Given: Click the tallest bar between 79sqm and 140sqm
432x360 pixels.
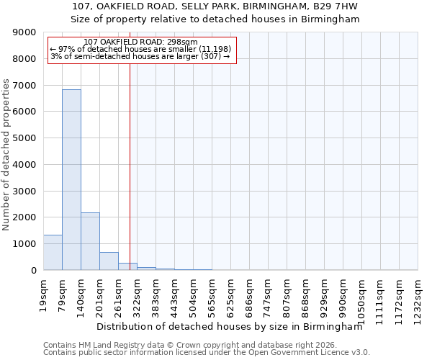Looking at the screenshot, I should (71, 180).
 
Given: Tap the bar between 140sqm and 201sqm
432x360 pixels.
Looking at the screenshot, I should (90, 241).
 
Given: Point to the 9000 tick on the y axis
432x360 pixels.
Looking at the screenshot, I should (25, 33).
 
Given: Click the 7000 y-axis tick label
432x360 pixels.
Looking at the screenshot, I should (25, 86).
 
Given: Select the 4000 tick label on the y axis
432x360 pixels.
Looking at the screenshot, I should (25, 165).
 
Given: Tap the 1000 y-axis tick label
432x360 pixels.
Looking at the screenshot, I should (25, 244).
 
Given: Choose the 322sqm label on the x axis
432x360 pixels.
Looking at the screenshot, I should (137, 292).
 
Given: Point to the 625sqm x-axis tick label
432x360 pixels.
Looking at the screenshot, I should (230, 292).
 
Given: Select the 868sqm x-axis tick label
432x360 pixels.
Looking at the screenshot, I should (305, 292).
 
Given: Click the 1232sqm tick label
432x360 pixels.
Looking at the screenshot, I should (418, 294).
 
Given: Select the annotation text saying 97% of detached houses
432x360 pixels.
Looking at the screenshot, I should (139, 49).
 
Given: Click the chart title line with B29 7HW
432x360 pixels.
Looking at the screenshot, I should (215, 6).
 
